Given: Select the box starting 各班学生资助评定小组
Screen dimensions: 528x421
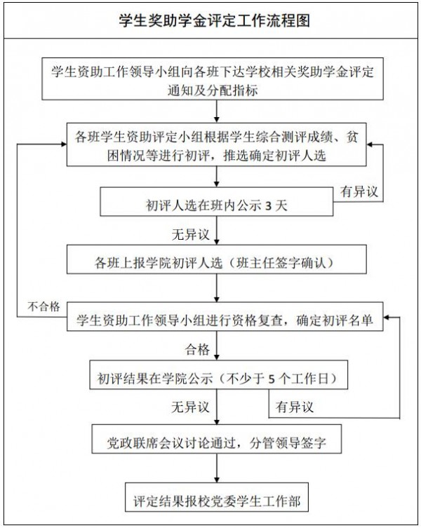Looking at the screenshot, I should (x=218, y=145).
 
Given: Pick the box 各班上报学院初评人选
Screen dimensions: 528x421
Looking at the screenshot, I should (x=218, y=263).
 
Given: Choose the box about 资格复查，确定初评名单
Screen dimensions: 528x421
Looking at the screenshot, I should (x=225, y=320).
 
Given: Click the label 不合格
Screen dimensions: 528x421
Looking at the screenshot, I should (x=43, y=306).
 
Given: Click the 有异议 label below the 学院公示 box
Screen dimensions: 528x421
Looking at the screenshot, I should (x=294, y=406).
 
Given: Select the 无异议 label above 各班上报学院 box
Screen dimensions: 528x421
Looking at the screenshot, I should (x=189, y=233).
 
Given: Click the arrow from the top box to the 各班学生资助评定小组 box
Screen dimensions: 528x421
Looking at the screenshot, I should (x=220, y=111).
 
